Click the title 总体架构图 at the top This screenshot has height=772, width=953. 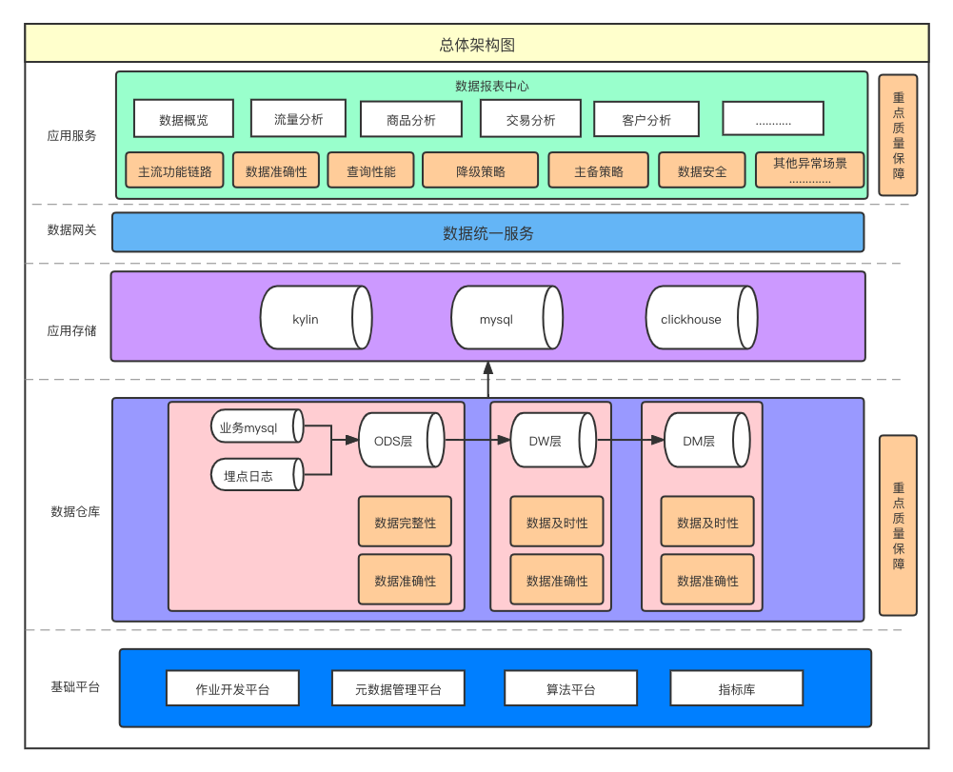[477, 45]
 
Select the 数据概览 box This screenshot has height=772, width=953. [184, 119]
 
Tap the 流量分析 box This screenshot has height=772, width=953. [298, 119]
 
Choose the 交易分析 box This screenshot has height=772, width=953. [530, 119]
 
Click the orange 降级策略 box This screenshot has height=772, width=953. [480, 171]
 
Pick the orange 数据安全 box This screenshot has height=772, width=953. [702, 171]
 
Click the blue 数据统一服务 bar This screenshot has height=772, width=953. [487, 233]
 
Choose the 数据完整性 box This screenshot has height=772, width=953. [405, 523]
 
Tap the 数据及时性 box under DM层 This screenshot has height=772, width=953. [707, 523]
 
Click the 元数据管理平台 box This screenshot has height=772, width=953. [398, 688]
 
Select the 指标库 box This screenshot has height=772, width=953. [736, 688]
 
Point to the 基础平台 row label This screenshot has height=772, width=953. [75, 686]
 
